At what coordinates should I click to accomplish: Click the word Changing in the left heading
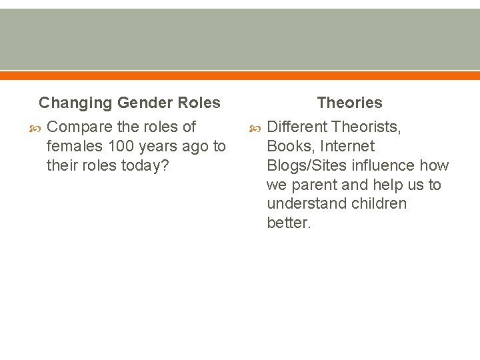tap(75, 103)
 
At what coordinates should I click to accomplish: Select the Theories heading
tap(349, 103)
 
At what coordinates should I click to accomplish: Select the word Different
tap(297, 127)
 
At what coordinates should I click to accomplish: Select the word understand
tap(302, 203)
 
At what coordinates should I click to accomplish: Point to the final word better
tap(289, 223)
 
